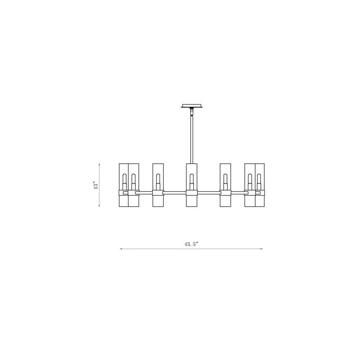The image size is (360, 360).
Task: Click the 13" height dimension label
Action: (96, 185)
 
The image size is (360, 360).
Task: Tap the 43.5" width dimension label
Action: (191, 244)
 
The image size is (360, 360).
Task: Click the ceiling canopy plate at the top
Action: (192, 106)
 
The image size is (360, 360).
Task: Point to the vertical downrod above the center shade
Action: (192, 139)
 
